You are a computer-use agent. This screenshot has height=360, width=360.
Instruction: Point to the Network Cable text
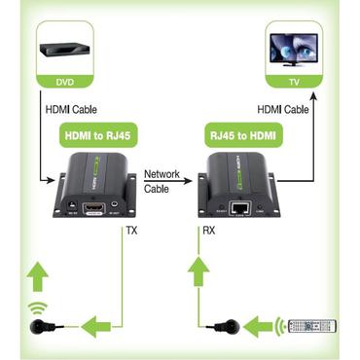click(x=161, y=181)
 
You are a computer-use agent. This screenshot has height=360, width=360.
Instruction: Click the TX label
click(x=130, y=231)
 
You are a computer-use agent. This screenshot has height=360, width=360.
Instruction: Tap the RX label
click(x=207, y=231)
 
